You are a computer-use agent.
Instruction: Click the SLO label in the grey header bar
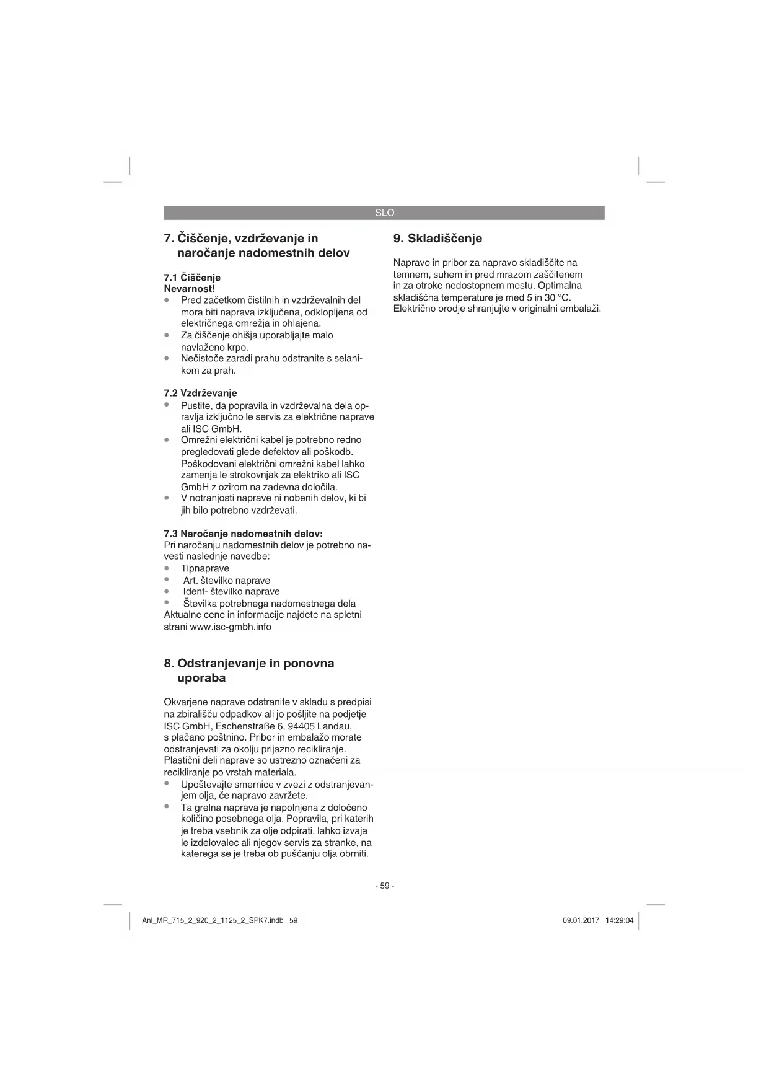tap(384, 213)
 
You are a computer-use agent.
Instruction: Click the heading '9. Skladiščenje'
tap(437, 239)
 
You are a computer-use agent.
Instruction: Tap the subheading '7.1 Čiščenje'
tap(192, 277)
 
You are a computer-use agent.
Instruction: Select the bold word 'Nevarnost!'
tap(189, 288)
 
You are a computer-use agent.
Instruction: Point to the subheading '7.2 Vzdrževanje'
tap(200, 393)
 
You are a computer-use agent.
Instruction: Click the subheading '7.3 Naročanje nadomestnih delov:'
tap(243, 533)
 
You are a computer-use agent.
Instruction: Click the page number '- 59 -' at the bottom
tap(384, 886)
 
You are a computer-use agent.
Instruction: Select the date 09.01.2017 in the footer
tap(581, 920)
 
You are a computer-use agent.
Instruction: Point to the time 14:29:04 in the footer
tap(619, 920)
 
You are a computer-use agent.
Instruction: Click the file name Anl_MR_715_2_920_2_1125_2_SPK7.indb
tap(213, 920)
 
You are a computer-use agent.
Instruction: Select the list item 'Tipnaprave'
tap(205, 568)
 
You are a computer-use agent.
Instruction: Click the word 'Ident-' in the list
tap(196, 591)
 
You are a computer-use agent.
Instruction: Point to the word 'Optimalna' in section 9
tap(560, 286)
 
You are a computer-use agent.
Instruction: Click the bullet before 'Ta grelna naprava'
tap(167, 807)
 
